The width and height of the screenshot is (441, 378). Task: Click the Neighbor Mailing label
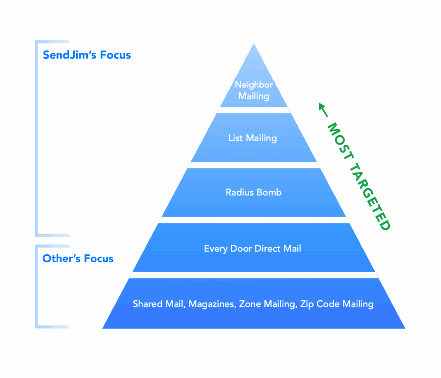click(254, 90)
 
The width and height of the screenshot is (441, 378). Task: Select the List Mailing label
click(252, 138)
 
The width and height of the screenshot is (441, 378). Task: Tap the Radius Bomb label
click(254, 192)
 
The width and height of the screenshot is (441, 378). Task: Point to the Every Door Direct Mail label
click(252, 248)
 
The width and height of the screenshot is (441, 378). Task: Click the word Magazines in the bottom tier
click(212, 304)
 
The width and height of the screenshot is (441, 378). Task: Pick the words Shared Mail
click(158, 304)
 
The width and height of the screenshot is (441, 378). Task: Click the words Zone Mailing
click(267, 304)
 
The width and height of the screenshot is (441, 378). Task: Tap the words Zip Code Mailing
click(337, 304)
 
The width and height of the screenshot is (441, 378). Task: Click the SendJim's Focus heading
click(87, 55)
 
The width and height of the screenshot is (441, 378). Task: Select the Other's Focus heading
click(78, 259)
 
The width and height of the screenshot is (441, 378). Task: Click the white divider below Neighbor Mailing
click(254, 110)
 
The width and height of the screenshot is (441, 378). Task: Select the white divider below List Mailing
click(254, 165)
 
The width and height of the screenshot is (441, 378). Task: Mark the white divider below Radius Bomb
click(254, 220)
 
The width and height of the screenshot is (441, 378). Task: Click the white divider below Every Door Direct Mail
click(254, 275)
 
